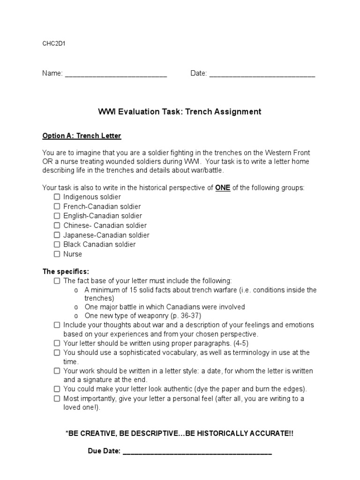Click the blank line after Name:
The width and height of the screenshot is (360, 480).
(x=115, y=74)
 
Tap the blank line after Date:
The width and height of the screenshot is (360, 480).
(x=262, y=74)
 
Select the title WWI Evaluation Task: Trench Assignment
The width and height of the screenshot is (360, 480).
(x=180, y=112)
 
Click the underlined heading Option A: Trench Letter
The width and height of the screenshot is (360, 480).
(x=82, y=136)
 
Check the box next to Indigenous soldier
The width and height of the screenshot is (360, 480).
(x=57, y=197)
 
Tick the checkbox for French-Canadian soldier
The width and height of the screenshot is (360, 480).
(x=57, y=206)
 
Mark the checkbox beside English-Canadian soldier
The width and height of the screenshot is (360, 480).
(x=57, y=216)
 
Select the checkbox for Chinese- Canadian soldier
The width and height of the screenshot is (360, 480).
(x=57, y=225)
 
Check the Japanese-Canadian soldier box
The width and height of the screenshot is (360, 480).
(x=57, y=235)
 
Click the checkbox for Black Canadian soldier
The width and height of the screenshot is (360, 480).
(x=57, y=244)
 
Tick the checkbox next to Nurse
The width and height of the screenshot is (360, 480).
(x=57, y=254)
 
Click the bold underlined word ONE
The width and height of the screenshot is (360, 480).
(x=223, y=187)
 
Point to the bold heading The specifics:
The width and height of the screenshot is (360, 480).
(x=66, y=271)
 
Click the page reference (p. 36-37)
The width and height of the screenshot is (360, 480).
(x=174, y=316)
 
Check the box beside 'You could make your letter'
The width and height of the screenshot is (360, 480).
(x=57, y=389)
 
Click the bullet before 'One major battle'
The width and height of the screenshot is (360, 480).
(x=76, y=307)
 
